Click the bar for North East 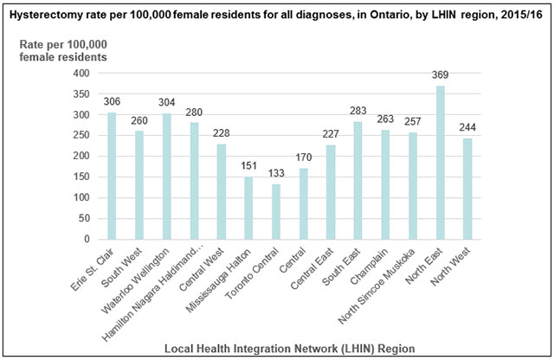[x=440, y=163]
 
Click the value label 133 [x=274, y=176]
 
